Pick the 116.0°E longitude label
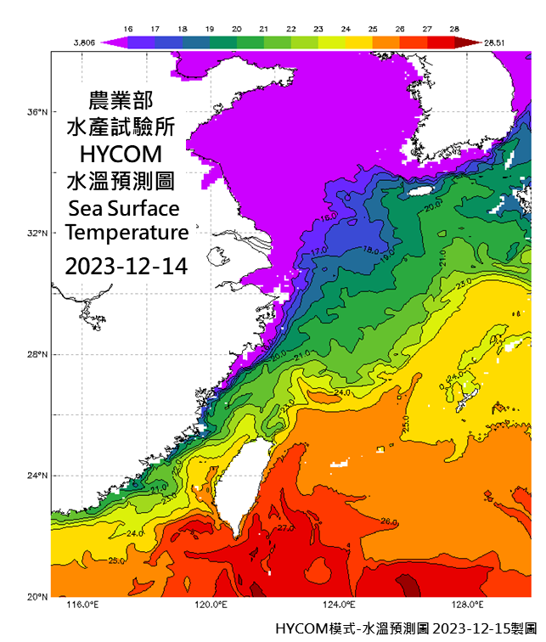[x=82, y=605]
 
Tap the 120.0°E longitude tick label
[x=211, y=605]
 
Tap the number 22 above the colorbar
[x=291, y=28]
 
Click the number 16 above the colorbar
[x=128, y=28]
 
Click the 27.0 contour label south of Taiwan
[x=285, y=528]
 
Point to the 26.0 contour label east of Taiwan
[x=389, y=521]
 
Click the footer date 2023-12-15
[x=465, y=629]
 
